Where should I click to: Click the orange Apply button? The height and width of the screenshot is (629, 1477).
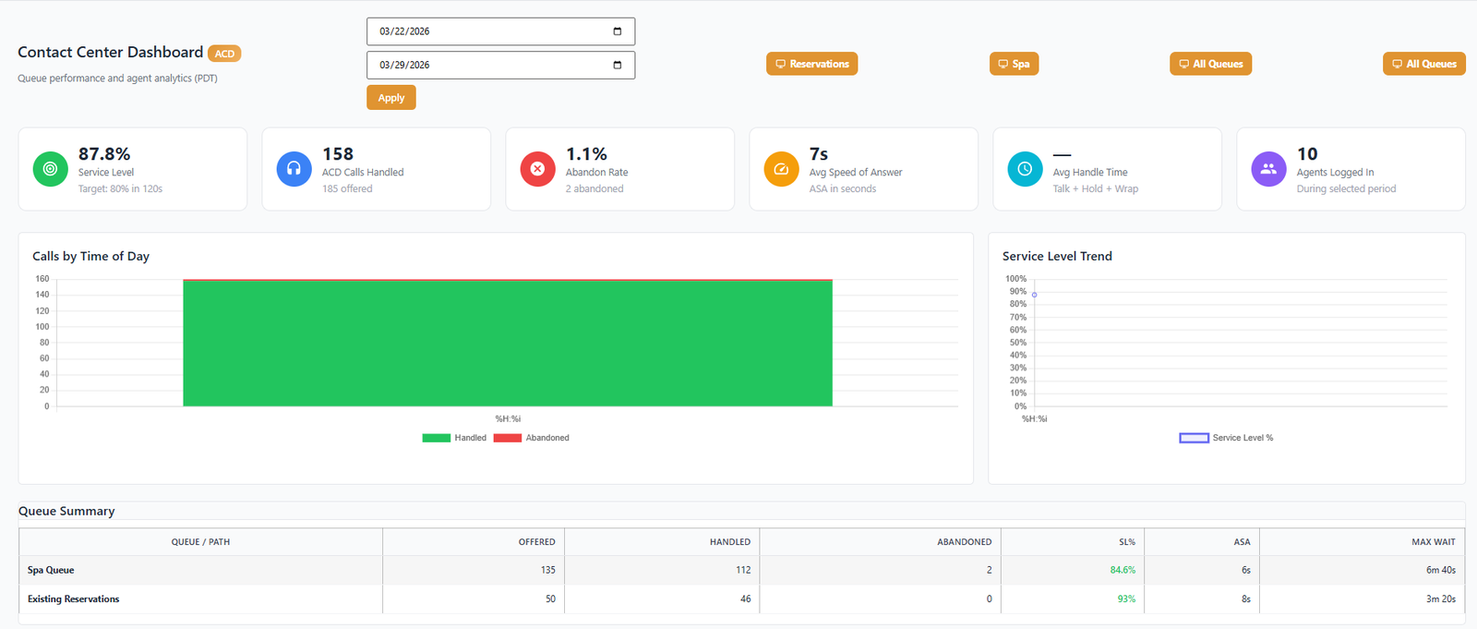[x=390, y=98]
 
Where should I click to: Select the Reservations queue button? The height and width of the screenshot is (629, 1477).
[x=811, y=64]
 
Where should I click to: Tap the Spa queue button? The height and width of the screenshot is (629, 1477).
[x=1014, y=64]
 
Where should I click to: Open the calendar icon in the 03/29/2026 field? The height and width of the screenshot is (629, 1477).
[x=617, y=65]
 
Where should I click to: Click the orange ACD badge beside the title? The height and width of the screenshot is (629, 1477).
[x=224, y=54]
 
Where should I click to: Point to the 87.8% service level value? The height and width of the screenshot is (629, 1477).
[x=104, y=154]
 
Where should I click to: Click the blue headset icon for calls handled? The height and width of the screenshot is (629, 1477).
[x=294, y=169]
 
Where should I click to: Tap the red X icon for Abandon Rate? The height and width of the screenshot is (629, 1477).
[x=537, y=169]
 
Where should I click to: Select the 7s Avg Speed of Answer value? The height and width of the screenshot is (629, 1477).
[x=819, y=154]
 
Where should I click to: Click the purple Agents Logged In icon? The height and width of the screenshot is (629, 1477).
[x=1268, y=169]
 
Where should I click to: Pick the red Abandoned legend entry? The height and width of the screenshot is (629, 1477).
[x=532, y=438]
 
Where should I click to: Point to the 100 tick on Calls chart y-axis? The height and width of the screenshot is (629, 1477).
[x=42, y=327]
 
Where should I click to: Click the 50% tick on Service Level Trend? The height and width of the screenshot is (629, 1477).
[x=1018, y=343]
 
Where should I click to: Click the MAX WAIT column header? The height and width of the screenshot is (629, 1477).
[x=1433, y=542]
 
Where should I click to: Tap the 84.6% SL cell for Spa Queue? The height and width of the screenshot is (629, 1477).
[x=1123, y=570]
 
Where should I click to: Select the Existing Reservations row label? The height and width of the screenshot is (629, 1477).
[x=74, y=599]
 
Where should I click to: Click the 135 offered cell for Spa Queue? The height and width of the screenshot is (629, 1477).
[x=548, y=570]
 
